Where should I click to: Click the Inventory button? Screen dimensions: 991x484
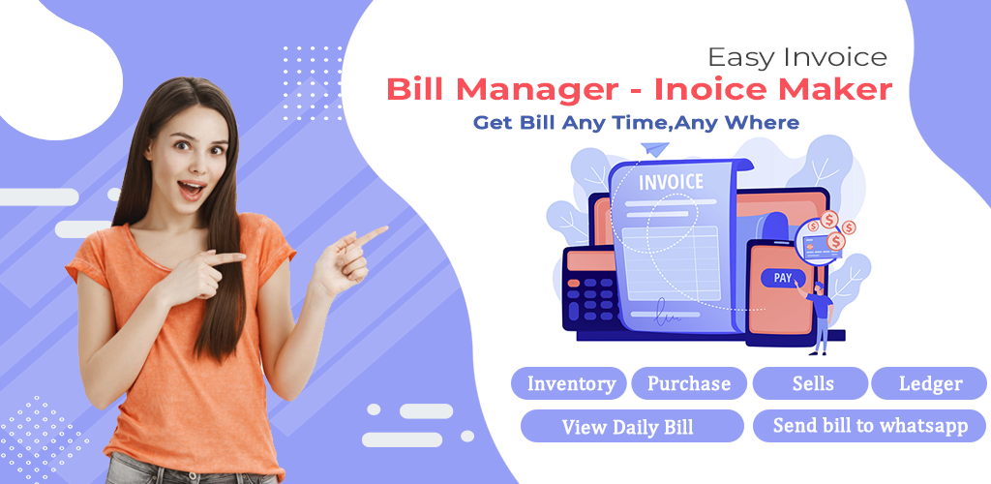click(x=569, y=383)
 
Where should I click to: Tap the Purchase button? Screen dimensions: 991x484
click(x=689, y=383)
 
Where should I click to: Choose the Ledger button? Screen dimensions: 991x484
click(x=929, y=383)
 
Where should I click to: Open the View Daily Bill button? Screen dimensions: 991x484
click(x=632, y=427)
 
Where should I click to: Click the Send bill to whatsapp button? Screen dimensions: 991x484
click(x=870, y=427)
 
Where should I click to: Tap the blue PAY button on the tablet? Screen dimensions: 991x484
click(x=783, y=278)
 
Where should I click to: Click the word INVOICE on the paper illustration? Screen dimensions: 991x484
click(x=671, y=183)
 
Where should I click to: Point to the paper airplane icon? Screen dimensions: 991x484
click(x=654, y=150)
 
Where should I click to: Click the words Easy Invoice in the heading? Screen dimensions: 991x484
click(x=797, y=57)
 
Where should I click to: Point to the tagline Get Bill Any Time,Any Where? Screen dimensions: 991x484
click(x=637, y=123)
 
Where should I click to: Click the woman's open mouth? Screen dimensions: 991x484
click(x=193, y=189)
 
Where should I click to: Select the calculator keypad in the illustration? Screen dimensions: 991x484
click(x=588, y=298)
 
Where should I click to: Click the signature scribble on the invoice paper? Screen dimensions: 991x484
click(x=668, y=315)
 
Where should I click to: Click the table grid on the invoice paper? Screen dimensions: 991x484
click(x=671, y=254)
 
